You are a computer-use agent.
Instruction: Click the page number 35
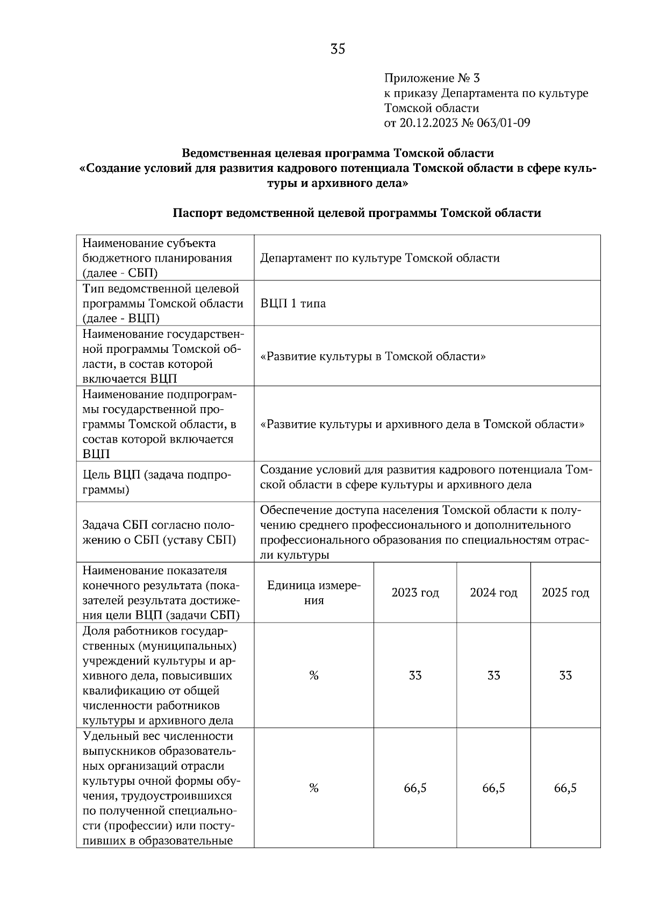(338, 49)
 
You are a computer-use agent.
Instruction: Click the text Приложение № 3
(432, 78)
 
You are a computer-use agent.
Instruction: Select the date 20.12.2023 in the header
(428, 123)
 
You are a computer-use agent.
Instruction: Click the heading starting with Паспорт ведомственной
(356, 213)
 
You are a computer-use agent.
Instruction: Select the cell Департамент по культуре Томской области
(380, 258)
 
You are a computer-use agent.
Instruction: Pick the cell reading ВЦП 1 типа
(293, 303)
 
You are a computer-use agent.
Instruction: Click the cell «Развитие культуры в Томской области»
(373, 356)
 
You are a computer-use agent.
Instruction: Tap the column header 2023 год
(415, 593)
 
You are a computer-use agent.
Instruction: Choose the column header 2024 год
(493, 593)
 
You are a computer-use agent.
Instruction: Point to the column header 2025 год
(565, 593)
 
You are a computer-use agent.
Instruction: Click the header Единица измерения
(314, 593)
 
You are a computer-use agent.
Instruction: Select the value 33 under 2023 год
(415, 676)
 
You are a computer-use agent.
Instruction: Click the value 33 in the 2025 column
(565, 676)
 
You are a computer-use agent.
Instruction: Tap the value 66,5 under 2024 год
(493, 788)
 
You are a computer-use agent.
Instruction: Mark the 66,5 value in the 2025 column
(565, 788)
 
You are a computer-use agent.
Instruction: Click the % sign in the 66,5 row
(314, 788)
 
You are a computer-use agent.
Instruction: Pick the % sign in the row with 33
(314, 676)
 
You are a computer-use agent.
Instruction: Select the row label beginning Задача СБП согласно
(159, 532)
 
